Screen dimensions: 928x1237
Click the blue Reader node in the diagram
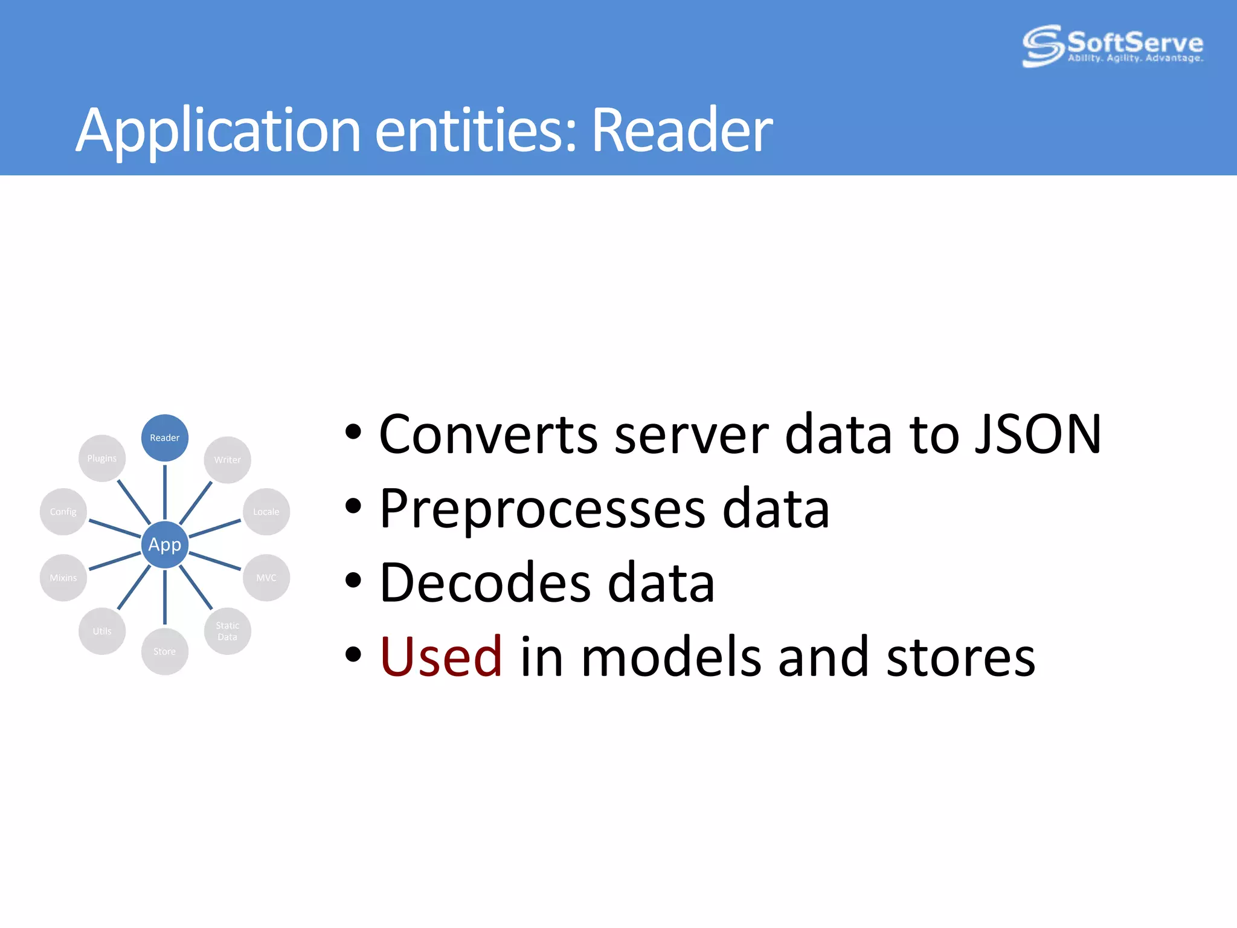click(x=164, y=438)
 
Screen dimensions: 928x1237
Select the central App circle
click(x=164, y=544)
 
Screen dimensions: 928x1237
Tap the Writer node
click(x=227, y=460)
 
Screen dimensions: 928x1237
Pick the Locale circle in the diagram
click(x=266, y=512)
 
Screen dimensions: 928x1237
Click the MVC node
click(x=266, y=578)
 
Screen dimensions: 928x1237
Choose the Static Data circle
click(x=227, y=631)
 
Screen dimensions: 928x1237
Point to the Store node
click(x=164, y=651)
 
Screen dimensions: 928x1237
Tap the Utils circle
click(x=102, y=631)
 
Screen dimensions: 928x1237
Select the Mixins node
click(x=63, y=578)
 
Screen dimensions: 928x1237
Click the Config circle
click(x=63, y=512)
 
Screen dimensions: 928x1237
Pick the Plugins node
click(x=102, y=459)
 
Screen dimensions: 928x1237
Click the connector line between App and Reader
click(x=164, y=491)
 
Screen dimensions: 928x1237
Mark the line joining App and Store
click(x=164, y=597)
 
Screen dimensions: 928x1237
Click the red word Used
click(x=441, y=657)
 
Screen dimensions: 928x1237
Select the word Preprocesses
click(x=542, y=509)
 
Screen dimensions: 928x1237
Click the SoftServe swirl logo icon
click(x=1042, y=46)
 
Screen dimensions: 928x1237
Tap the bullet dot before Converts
click(x=353, y=433)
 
